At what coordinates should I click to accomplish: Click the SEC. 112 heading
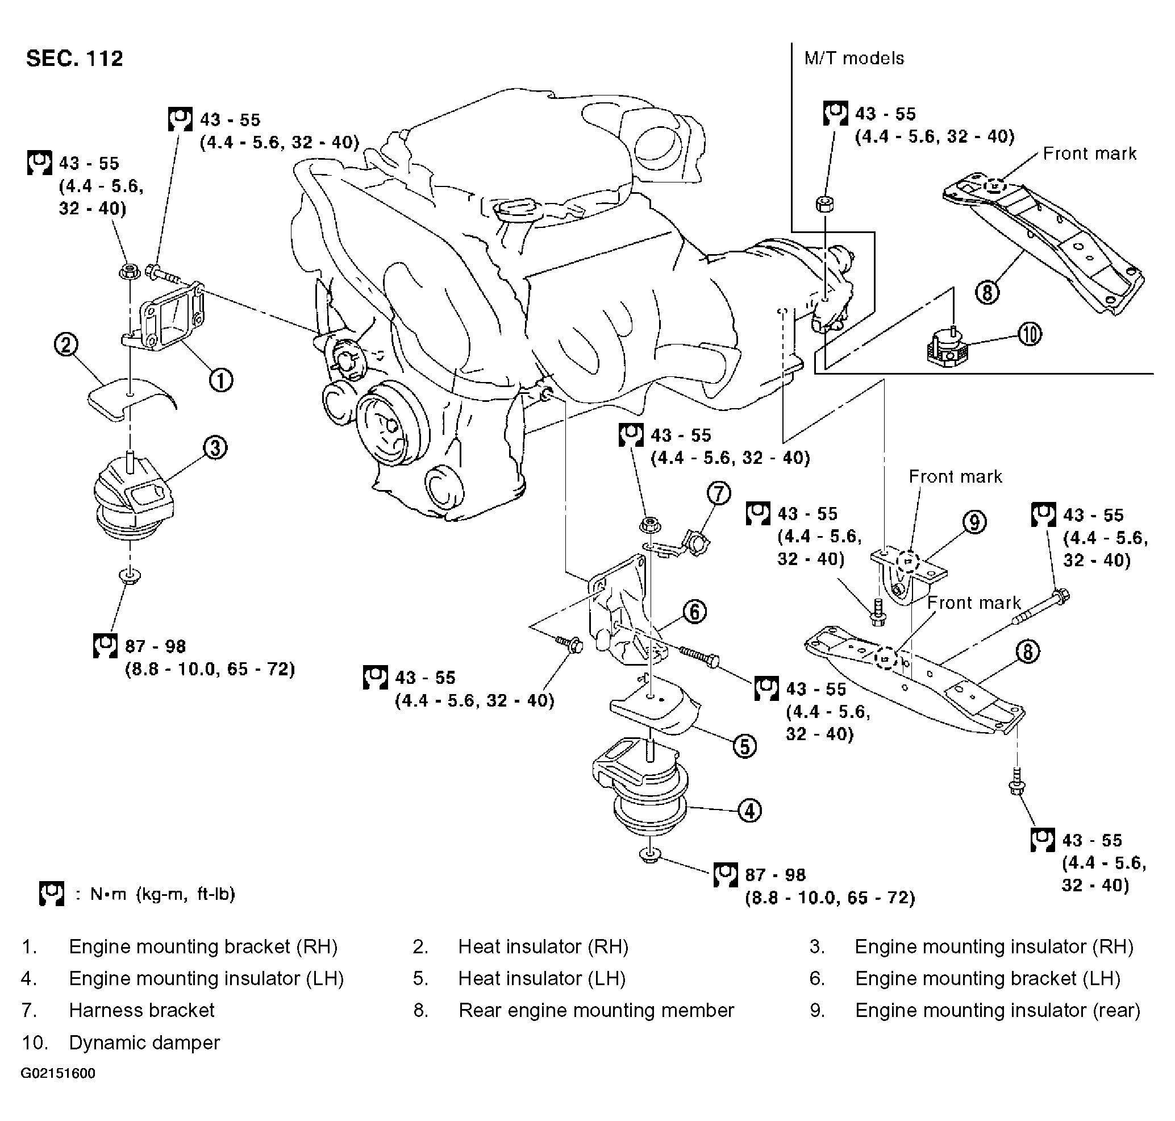point(74,59)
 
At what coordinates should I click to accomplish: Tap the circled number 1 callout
point(220,380)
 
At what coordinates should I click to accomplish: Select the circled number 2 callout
point(66,345)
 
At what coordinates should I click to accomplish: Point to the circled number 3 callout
point(215,447)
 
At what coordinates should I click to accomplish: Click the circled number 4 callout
point(750,810)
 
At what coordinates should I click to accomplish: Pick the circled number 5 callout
point(744,746)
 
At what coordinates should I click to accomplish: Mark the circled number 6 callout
point(694,612)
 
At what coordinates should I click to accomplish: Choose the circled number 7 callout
point(719,493)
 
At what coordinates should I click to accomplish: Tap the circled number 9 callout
point(974,522)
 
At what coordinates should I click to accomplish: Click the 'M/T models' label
point(854,59)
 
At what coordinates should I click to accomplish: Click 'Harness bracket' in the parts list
point(141,1010)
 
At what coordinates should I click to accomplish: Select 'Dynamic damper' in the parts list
point(144,1042)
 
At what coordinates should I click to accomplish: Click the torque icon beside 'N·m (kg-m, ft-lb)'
point(51,894)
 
